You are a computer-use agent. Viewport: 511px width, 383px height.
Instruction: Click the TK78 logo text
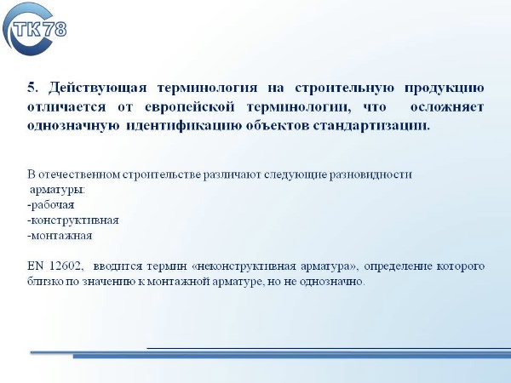(x=40, y=29)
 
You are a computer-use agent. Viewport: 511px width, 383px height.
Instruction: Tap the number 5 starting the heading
(x=31, y=88)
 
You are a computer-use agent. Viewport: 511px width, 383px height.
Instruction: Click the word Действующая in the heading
(x=97, y=89)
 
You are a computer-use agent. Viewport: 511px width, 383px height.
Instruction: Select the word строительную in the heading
(x=344, y=89)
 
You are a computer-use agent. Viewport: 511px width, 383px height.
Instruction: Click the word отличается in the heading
(x=66, y=107)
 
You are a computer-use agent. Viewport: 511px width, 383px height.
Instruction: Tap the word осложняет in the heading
(x=447, y=107)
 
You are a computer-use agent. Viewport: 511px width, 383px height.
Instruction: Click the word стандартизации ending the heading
(x=371, y=126)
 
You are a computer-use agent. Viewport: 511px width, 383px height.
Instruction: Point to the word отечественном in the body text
(x=79, y=174)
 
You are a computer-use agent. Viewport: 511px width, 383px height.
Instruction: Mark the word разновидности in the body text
(x=370, y=174)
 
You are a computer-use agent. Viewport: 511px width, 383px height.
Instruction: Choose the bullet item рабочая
(x=51, y=205)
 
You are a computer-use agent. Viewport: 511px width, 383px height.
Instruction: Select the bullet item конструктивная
(x=73, y=220)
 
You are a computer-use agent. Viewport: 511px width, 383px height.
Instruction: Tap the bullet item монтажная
(x=60, y=236)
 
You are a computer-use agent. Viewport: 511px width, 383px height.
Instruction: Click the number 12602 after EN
(x=66, y=266)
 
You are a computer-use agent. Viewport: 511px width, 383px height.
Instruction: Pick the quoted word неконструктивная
(x=247, y=266)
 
